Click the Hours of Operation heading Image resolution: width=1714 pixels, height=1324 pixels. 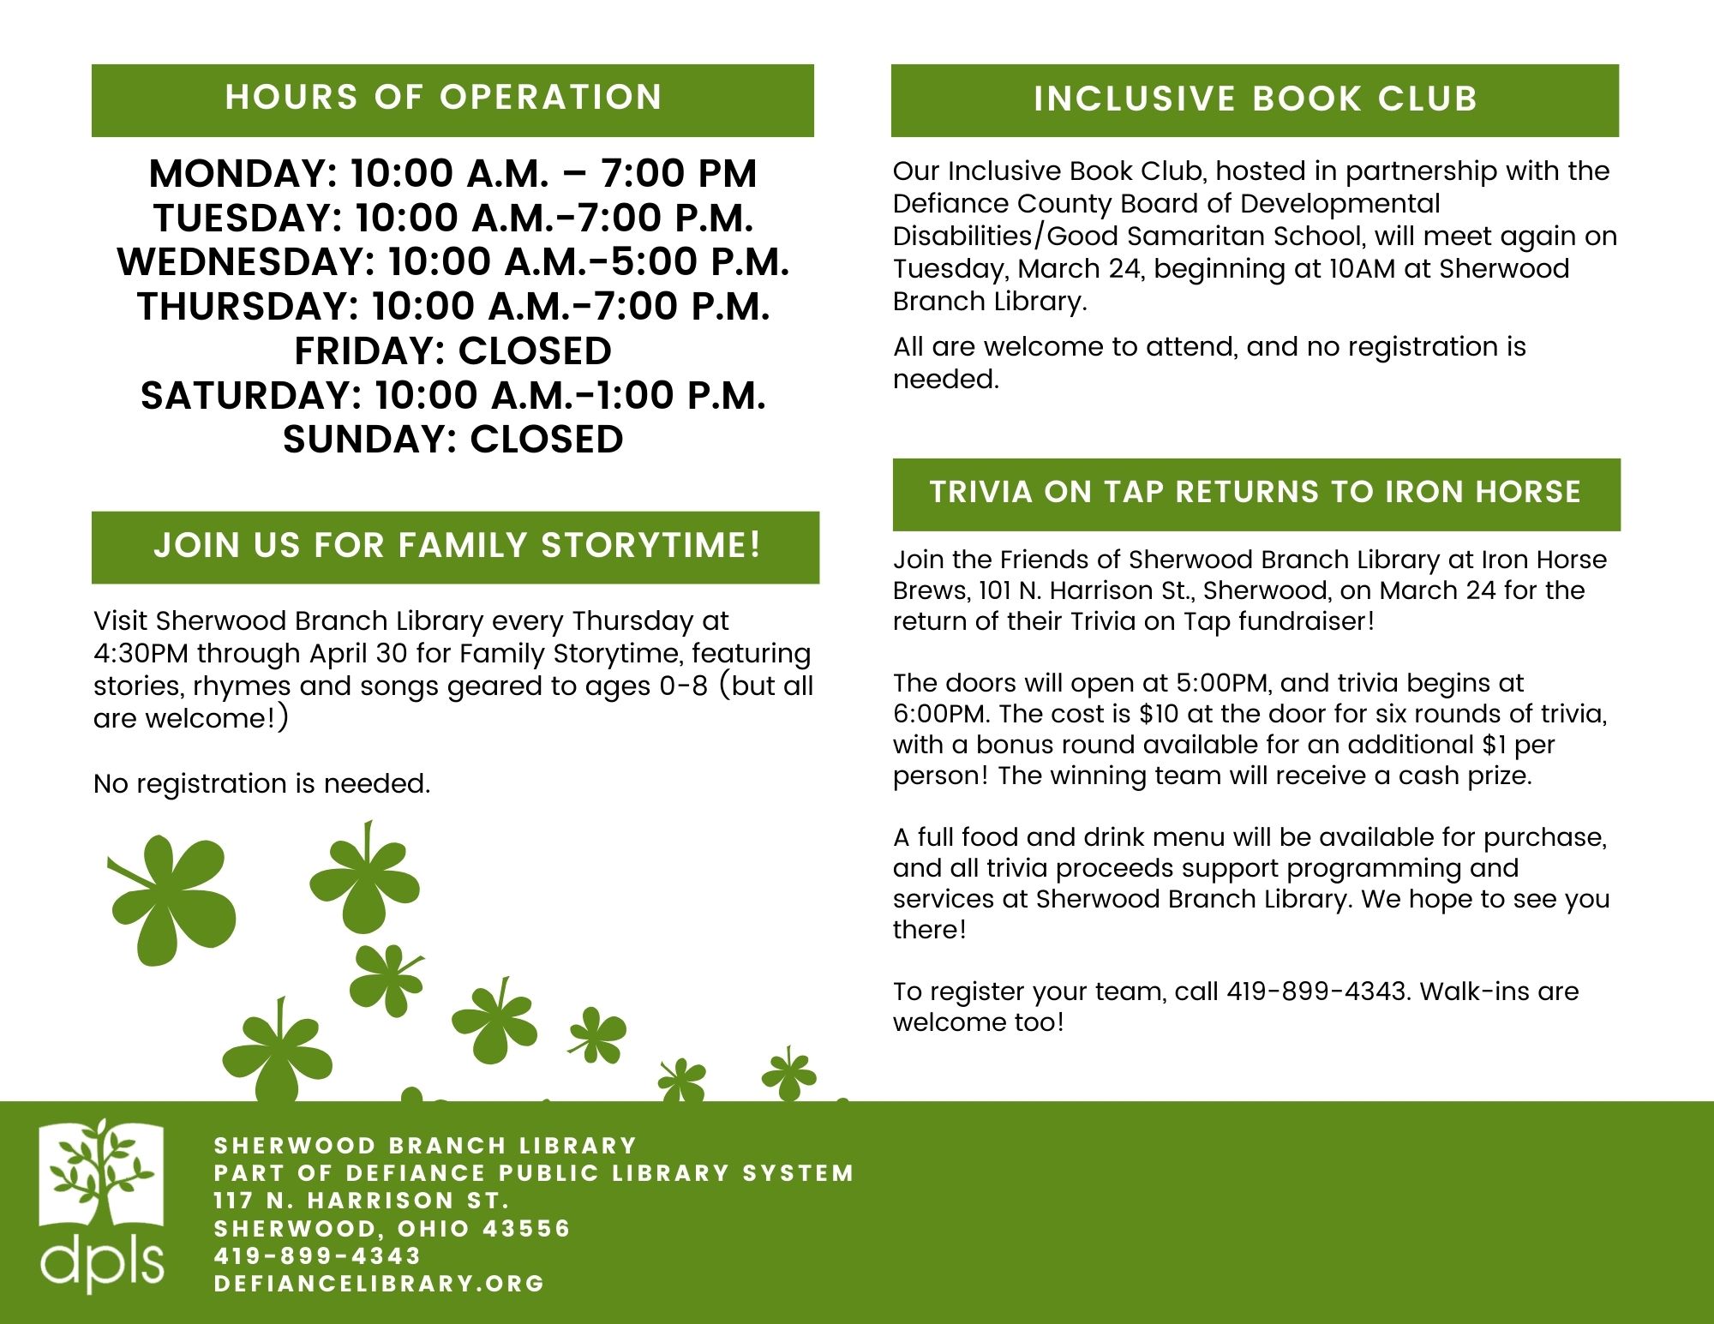443,98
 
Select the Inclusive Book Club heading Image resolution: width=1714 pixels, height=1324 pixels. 1255,99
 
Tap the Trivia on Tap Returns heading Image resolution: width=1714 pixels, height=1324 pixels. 1256,493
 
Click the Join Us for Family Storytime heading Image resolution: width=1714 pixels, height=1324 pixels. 457,546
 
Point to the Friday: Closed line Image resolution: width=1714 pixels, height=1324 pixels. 452,351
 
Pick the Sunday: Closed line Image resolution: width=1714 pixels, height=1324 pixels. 452,440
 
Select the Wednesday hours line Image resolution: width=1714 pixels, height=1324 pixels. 452,262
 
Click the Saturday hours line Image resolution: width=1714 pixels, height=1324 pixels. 452,396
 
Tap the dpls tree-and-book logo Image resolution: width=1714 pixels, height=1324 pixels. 101,1204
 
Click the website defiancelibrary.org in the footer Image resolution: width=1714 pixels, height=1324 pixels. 379,1284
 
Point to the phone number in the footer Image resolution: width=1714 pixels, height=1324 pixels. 317,1256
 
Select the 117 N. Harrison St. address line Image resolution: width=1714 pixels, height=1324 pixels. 362,1201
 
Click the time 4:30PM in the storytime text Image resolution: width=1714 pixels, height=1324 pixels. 141,654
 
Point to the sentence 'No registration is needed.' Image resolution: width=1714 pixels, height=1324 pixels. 261,784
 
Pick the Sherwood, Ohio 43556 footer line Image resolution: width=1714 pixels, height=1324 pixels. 392,1229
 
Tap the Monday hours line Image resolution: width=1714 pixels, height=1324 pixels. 452,174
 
